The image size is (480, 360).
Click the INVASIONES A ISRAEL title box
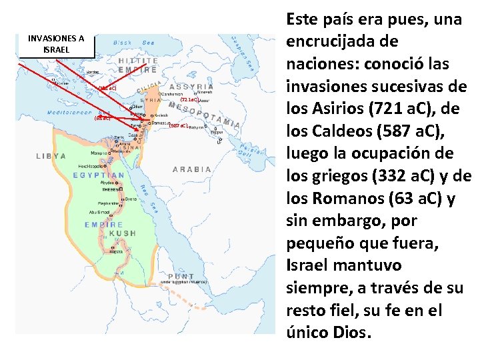pyautogui.click(x=56, y=44)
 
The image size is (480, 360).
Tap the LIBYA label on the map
pyautogui.click(x=51, y=155)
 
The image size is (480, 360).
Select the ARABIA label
pyautogui.click(x=192, y=169)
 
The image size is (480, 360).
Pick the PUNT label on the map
pyautogui.click(x=181, y=276)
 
